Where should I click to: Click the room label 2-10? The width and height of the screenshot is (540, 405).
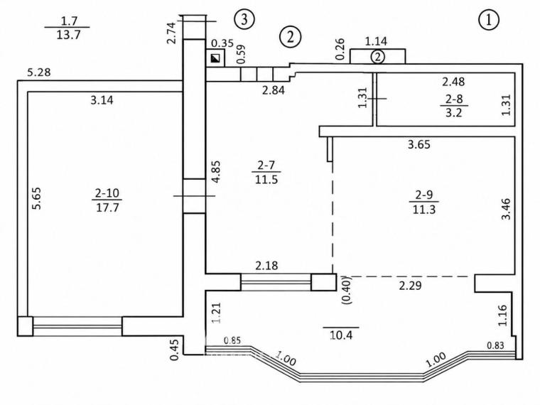[107, 193]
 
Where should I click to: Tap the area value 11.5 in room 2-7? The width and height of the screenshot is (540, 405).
[266, 179]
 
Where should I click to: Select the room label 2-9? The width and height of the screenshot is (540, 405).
[424, 195]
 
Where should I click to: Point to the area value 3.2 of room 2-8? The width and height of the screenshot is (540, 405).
[453, 112]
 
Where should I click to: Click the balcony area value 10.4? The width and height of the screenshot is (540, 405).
[341, 335]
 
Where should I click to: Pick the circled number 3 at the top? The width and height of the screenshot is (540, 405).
[244, 19]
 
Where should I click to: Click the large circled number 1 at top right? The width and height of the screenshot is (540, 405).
[489, 20]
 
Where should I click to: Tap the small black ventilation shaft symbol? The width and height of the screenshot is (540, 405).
[215, 59]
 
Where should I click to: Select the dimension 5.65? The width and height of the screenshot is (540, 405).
[36, 198]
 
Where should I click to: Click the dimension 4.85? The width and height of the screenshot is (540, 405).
[216, 172]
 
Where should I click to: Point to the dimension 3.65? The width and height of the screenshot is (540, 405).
[419, 144]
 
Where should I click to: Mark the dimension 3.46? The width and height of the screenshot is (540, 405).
[506, 209]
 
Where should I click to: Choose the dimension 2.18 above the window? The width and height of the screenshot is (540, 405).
[267, 266]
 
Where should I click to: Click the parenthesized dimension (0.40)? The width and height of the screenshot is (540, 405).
[347, 290]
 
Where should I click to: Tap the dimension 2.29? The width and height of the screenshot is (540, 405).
[411, 286]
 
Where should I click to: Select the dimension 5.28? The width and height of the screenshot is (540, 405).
[39, 72]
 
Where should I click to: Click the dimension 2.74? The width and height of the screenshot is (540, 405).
[171, 32]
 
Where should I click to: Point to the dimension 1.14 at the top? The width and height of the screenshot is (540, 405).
[376, 41]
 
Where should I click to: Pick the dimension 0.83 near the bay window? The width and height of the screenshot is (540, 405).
[495, 345]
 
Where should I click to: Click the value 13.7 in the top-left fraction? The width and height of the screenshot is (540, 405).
[68, 34]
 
